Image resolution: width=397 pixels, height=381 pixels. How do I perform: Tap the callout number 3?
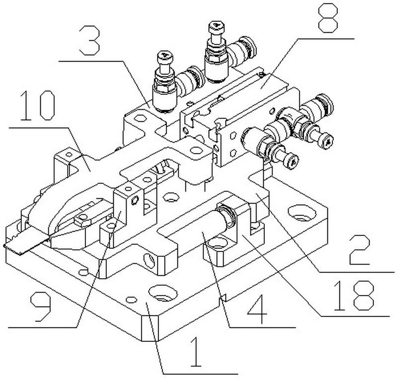point(89,41)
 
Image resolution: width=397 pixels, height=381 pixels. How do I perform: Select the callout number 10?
point(37,106)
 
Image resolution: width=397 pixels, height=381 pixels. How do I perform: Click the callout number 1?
point(196,352)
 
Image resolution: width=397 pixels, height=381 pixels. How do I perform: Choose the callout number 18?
point(354,296)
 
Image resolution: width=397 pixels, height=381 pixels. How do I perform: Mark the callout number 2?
point(360,249)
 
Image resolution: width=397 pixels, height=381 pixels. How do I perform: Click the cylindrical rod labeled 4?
point(203,229)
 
